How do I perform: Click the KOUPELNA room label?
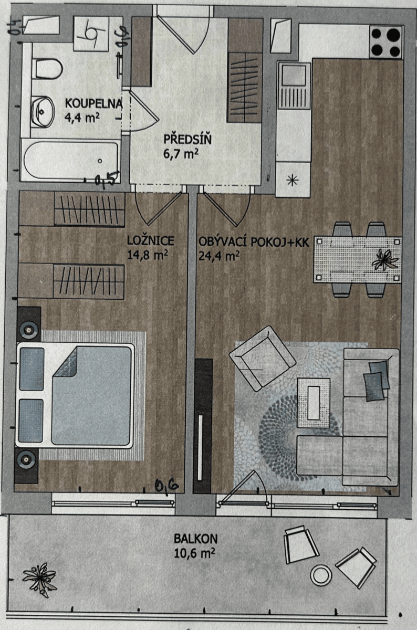pos(93,103)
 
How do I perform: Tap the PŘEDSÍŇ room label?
pos(180,140)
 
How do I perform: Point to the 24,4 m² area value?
pos(219,256)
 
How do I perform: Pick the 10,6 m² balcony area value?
pos(194,552)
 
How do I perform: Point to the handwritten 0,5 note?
pos(107,180)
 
